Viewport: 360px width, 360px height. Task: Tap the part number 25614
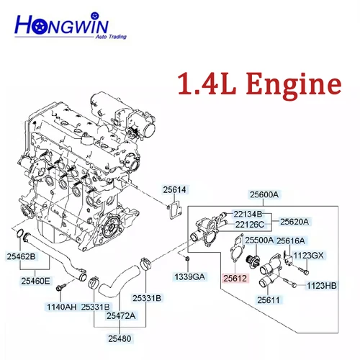point(174,189)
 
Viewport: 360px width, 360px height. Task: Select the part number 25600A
point(264,194)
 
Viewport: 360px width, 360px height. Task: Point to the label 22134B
point(247,214)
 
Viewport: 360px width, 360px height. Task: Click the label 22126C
point(247,225)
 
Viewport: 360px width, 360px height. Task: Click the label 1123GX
point(309,255)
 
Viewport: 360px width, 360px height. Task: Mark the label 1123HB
point(321,286)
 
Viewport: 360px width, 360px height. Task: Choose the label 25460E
point(35,281)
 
